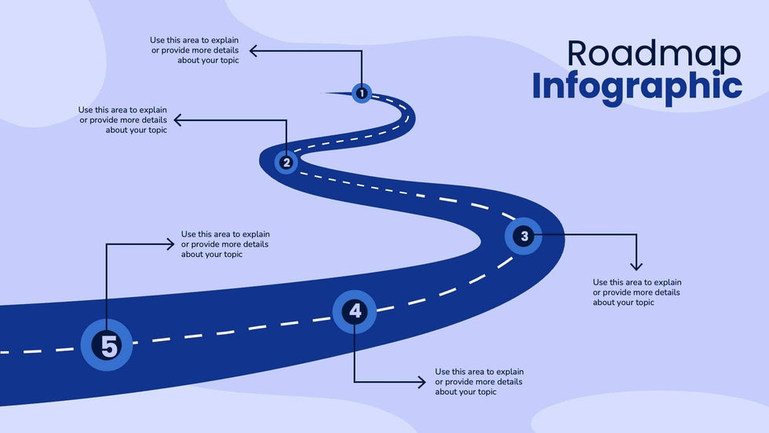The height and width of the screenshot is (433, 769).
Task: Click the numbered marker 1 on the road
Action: [x=361, y=94]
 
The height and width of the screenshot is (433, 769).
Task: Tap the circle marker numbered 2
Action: [x=286, y=163]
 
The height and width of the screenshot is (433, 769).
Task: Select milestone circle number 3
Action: [x=524, y=235]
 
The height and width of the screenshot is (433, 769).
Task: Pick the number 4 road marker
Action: [x=355, y=311]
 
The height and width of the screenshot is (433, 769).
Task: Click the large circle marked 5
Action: [x=108, y=345]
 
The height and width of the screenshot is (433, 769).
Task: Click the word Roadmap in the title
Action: [x=653, y=53]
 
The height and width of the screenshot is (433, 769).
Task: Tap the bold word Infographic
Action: [x=636, y=86]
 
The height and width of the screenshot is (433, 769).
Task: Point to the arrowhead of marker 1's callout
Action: [x=253, y=51]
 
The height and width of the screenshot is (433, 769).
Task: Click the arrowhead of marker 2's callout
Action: [x=177, y=120]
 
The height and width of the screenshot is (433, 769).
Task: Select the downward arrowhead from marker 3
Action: [x=636, y=267]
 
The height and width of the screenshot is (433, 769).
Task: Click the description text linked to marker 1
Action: [x=195, y=50]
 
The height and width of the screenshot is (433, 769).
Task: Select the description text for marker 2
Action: [x=122, y=120]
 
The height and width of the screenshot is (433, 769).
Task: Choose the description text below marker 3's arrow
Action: [x=636, y=292]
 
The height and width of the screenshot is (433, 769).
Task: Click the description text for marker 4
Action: [x=479, y=382]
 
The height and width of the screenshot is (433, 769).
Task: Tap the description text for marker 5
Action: [x=225, y=244]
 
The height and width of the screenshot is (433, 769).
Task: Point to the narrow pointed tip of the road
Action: [x=326, y=93]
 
